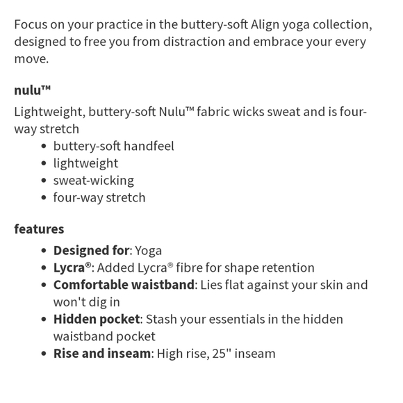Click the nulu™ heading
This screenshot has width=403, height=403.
pos(33,90)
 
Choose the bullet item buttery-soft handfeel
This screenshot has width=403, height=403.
pos(113,146)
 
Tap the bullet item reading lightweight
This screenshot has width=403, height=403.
pos(85,163)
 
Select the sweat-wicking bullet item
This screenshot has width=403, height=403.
pos(93,180)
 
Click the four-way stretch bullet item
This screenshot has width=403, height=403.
pos(99,197)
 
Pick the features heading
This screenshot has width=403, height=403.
pos(39,229)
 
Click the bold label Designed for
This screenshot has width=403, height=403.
pos(91,250)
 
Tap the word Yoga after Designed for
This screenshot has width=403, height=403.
pos(148,250)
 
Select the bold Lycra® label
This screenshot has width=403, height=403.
pos(73,268)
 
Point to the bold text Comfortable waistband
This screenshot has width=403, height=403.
pos(123,285)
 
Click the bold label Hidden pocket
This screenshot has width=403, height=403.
pos(97,319)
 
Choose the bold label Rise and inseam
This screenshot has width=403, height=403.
pos(102,354)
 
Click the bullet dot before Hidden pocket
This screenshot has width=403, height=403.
pos(44,320)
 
